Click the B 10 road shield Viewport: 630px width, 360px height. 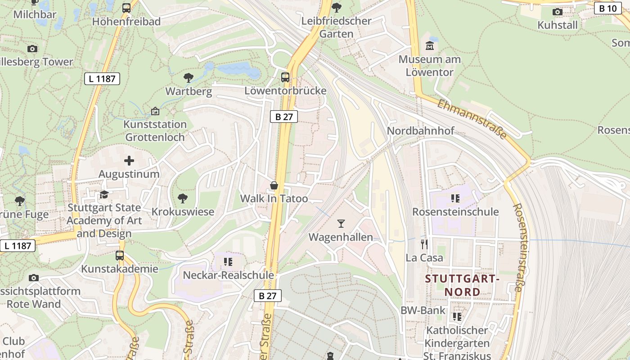coord(608,8)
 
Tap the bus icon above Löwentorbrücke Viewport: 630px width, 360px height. coord(285,77)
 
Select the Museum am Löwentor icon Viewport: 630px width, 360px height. coord(429,46)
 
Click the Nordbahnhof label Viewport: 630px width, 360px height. coord(421,131)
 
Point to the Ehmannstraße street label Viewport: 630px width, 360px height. coord(472,118)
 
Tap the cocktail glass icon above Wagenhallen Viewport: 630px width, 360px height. coord(341,223)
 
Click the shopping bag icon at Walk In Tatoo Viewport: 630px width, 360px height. coord(274,185)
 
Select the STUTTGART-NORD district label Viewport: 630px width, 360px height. coord(463,285)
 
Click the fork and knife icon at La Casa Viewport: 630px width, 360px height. coord(424,244)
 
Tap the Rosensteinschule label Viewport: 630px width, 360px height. coord(455,211)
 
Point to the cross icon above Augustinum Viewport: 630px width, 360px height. coord(129,160)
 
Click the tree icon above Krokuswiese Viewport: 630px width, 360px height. coord(182,198)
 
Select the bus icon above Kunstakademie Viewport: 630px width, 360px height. coord(119,255)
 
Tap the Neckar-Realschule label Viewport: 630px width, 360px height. coord(228,275)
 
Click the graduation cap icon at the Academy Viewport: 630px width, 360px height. coord(104,194)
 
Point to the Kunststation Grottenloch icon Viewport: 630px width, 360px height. coord(155,111)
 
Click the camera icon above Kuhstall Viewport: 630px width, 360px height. coord(558,12)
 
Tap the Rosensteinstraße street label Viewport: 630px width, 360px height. coord(519,247)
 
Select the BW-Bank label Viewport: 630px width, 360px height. coord(423,310)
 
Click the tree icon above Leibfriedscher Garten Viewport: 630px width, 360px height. coord(336,7)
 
